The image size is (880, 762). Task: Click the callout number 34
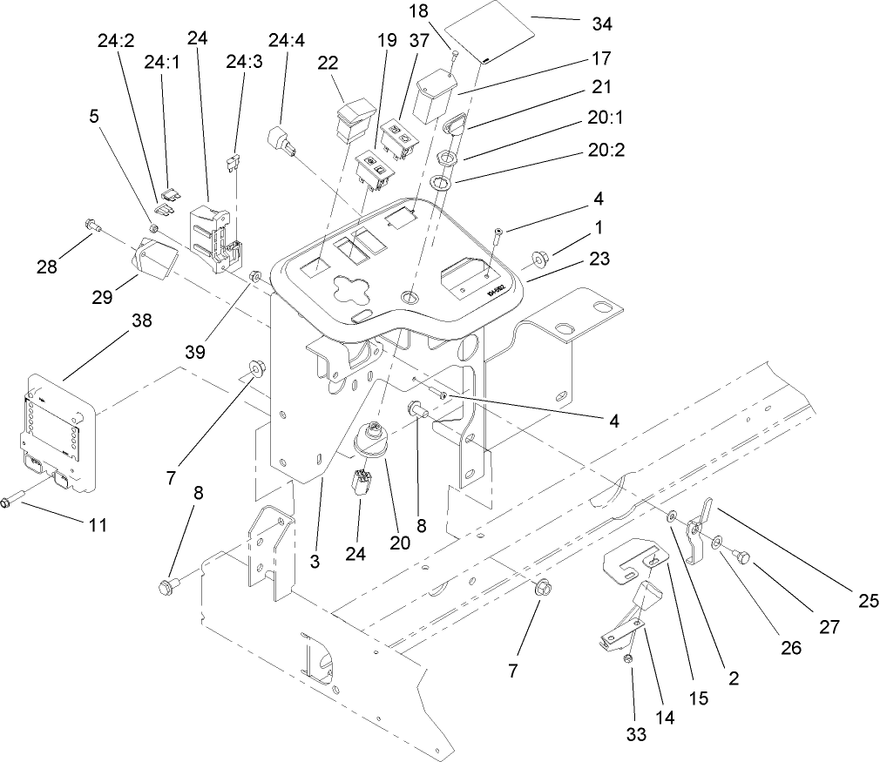tap(601, 24)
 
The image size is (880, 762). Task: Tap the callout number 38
tap(141, 320)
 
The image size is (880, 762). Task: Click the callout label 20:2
tap(607, 149)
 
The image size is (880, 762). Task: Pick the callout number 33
tap(636, 734)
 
